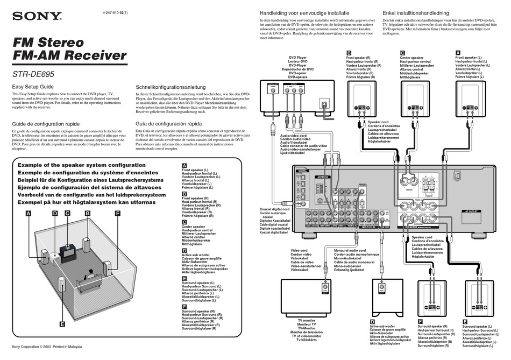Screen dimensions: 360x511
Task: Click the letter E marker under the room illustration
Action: click(x=62, y=324)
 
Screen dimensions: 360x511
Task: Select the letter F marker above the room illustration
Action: click(x=117, y=214)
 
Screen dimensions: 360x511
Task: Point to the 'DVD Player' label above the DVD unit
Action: click(x=297, y=57)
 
